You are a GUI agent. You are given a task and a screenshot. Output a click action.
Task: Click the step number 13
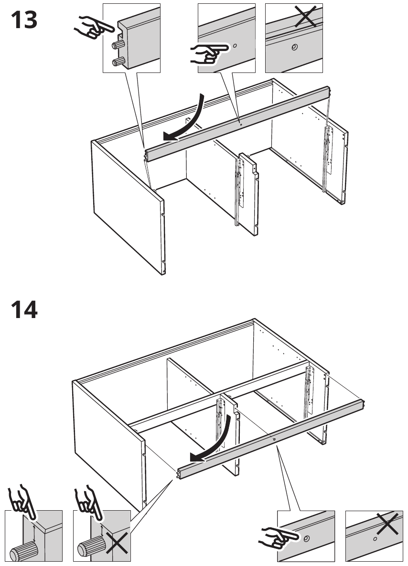pyautogui.click(x=24, y=20)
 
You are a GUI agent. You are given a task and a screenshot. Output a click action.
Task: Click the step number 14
pyautogui.click(x=24, y=309)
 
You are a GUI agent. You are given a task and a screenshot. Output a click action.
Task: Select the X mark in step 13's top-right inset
pyautogui.click(x=306, y=16)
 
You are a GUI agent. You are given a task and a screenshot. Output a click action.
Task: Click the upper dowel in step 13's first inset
pyautogui.click(x=118, y=44)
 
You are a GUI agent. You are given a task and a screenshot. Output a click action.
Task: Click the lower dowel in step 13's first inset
pyautogui.click(x=118, y=62)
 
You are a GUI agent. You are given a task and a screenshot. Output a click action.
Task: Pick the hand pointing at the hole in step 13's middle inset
pyautogui.click(x=209, y=53)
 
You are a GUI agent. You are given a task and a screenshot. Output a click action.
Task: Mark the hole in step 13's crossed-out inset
pyautogui.click(x=294, y=47)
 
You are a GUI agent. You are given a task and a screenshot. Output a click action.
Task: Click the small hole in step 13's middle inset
pyautogui.click(x=235, y=46)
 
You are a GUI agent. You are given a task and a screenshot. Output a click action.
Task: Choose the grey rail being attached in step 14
pyautogui.click(x=270, y=440)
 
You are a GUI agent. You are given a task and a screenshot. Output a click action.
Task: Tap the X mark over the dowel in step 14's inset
pyautogui.click(x=116, y=543)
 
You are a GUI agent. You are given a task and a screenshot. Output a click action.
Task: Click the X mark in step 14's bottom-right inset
pyautogui.click(x=388, y=523)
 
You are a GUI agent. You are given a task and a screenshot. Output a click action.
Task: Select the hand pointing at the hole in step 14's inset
pyautogui.click(x=279, y=537)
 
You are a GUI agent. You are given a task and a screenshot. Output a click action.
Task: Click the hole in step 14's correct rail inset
pyautogui.click(x=307, y=539)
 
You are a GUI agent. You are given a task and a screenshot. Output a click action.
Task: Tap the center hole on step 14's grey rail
pyautogui.click(x=274, y=439)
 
